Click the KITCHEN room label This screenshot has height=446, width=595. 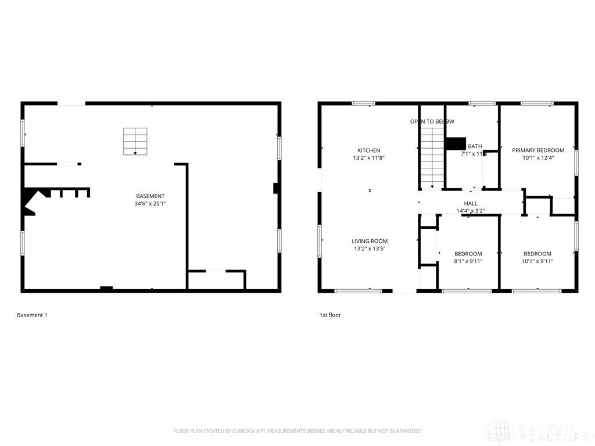[x=369, y=150]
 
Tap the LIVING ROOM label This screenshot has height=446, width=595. [x=369, y=241]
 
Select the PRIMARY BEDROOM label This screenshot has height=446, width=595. [x=538, y=150]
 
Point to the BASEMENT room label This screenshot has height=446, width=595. [x=150, y=196]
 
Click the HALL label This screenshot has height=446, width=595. [x=471, y=203]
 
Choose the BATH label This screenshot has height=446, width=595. [x=475, y=146]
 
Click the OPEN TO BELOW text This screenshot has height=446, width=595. [x=432, y=121]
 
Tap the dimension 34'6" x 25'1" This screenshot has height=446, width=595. [x=150, y=204]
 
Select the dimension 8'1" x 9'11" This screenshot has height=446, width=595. [x=468, y=261]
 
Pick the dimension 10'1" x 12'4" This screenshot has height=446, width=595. [x=538, y=157]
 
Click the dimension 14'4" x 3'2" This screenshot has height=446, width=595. [x=471, y=211]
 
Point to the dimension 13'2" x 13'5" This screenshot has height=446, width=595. [x=369, y=249]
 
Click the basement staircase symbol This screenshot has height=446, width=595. [x=135, y=141]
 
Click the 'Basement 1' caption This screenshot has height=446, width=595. [x=32, y=315]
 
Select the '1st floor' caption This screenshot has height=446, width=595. [x=330, y=315]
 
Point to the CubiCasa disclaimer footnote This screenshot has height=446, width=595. [x=297, y=431]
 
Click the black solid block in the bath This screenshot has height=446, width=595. [x=456, y=143]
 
